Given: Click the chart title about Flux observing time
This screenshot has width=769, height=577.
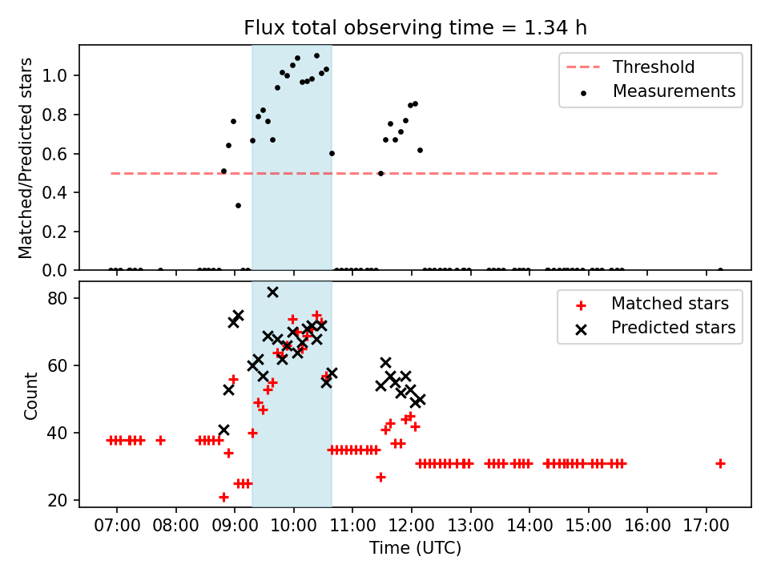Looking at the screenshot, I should (x=415, y=28).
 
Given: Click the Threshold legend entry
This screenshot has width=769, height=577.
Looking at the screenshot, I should (x=654, y=67).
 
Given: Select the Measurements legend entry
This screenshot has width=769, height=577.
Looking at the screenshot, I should (x=674, y=91).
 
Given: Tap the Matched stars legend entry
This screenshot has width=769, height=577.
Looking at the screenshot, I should (x=670, y=304).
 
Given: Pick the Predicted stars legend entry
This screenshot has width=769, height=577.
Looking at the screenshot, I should (x=673, y=327).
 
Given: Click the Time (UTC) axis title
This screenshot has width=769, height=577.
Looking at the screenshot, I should (x=415, y=549).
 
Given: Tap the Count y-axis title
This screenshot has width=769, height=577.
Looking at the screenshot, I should (x=31, y=395).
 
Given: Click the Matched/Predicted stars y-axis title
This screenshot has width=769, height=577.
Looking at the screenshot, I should (x=26, y=158).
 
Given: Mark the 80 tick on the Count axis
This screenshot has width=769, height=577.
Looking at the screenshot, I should (x=62, y=298).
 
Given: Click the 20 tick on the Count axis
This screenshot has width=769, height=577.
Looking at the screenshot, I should (x=62, y=501).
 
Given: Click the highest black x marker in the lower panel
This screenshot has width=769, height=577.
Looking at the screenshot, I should (x=272, y=292).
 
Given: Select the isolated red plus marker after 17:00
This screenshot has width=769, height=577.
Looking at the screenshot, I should (x=720, y=463).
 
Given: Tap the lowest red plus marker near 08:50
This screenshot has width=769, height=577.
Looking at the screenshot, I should (x=223, y=497).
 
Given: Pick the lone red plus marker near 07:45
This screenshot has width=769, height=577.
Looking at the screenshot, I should (x=160, y=440).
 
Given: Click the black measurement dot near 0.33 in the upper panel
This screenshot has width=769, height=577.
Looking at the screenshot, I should (x=238, y=205).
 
